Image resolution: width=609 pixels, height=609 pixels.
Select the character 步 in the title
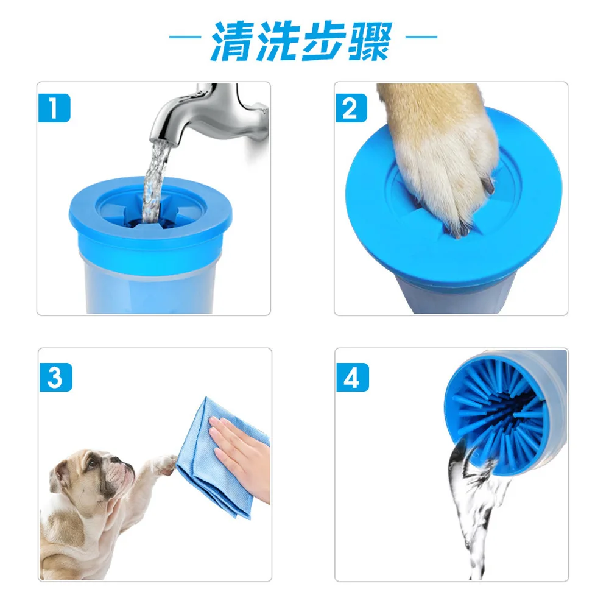coord(324,40)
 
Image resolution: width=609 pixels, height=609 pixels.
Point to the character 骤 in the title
coord(370,40)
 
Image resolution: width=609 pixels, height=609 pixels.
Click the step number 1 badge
coord(54,108)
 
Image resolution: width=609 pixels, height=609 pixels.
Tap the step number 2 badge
coord(351,108)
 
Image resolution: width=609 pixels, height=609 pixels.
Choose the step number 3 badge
coord(55,377)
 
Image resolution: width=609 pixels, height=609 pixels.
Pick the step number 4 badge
coord(352,377)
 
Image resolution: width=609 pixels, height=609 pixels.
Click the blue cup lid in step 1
coord(150,209)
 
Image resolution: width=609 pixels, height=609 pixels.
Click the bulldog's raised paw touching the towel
coord(165,463)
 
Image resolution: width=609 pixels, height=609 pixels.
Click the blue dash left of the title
coord(185,37)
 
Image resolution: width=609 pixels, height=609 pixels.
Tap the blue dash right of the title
coord(421,37)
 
